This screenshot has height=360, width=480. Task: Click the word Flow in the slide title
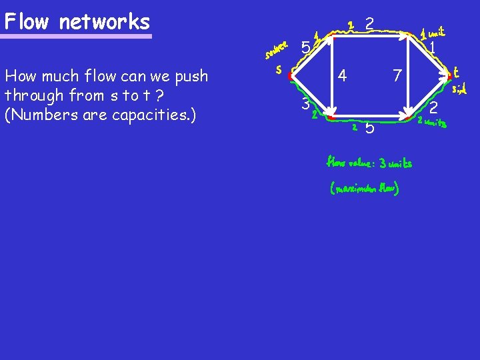(x=27, y=22)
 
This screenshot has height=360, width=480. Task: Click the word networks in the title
(x=105, y=22)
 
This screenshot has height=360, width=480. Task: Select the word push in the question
(x=192, y=77)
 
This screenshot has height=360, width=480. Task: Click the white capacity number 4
(x=342, y=75)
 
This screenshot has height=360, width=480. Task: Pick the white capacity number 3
(x=305, y=104)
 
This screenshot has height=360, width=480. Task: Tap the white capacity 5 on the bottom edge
(x=369, y=128)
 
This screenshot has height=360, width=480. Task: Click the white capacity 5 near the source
(x=305, y=48)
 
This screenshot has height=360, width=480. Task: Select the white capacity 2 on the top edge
(x=369, y=24)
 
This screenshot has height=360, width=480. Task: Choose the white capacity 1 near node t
(x=433, y=48)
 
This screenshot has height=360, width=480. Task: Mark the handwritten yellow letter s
(x=278, y=69)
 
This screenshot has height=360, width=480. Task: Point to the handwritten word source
(x=276, y=49)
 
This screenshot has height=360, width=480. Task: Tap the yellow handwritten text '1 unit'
(x=433, y=31)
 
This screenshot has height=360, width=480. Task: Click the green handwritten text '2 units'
(x=432, y=122)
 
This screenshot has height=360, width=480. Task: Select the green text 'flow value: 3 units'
(x=369, y=163)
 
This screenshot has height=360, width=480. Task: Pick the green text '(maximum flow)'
(x=364, y=189)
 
